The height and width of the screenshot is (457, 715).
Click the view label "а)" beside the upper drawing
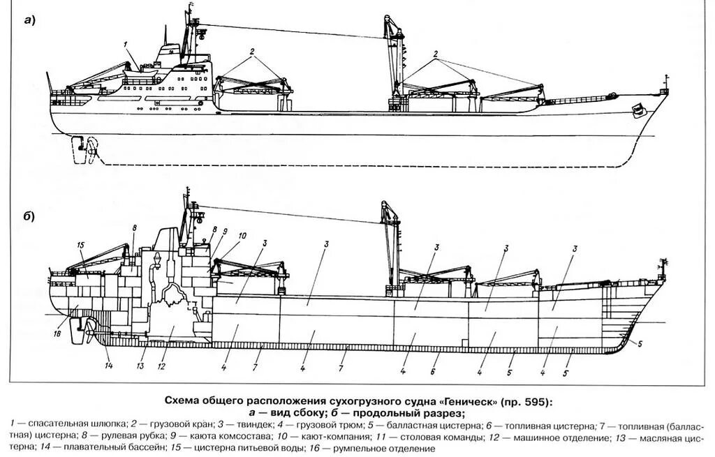coord(29,20)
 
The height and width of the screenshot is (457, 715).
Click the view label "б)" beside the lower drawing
coord(29,216)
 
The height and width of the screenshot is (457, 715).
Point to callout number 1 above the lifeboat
coord(126,45)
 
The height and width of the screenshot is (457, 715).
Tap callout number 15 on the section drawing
coord(80,245)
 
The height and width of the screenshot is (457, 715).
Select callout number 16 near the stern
coord(57,334)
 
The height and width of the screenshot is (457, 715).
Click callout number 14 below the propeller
coord(108,364)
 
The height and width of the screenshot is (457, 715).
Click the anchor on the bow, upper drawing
coord(637,110)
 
